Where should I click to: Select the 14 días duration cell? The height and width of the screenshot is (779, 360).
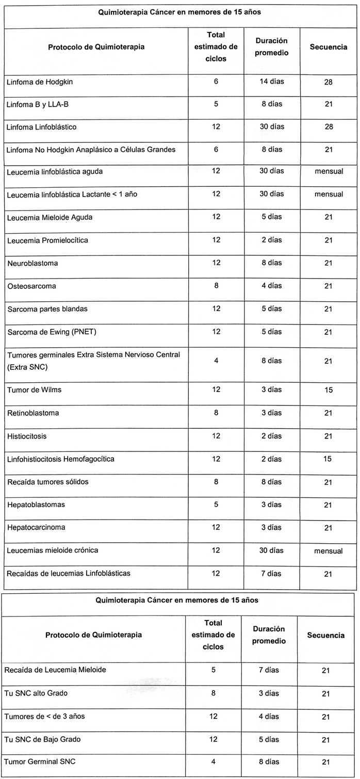point(271,82)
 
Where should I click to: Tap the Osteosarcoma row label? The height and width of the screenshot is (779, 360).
point(31,286)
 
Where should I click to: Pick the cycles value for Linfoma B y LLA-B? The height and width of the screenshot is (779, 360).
point(216,104)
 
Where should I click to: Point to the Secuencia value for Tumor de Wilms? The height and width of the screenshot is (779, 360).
point(329,391)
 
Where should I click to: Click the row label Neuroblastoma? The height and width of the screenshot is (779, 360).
point(32,264)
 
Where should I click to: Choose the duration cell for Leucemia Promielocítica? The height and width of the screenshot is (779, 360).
point(271,240)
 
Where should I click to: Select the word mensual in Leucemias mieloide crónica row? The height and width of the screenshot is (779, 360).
point(329,551)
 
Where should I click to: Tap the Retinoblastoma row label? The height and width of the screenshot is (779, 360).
point(33,413)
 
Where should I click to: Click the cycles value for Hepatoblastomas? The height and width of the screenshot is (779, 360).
point(216,505)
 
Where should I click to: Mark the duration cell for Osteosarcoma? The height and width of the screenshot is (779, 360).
point(271,286)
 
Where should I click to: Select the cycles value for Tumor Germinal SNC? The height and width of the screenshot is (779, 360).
point(214,761)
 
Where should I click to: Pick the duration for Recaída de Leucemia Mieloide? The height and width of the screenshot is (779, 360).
point(269,670)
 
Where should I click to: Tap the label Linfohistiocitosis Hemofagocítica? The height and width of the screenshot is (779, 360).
point(61,459)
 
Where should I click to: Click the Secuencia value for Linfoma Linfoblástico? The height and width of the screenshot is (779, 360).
point(329,127)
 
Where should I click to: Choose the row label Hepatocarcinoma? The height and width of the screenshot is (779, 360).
point(36,528)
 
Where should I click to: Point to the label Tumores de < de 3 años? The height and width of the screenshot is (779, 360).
point(40,716)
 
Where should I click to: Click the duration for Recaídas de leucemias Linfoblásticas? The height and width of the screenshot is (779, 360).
point(271,574)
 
